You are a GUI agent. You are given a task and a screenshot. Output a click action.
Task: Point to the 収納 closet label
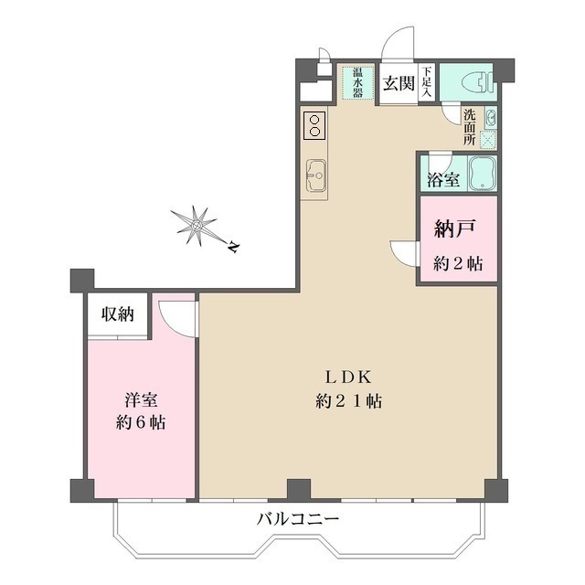118,314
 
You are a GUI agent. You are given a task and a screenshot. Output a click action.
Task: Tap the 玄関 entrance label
399,84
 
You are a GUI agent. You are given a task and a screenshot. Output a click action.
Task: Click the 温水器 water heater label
355,82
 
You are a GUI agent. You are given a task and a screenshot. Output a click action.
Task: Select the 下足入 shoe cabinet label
426,80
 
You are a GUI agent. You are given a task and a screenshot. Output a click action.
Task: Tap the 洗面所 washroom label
468,128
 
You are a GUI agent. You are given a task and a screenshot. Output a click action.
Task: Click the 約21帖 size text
348,400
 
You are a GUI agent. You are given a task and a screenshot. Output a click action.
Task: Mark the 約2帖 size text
457,263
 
